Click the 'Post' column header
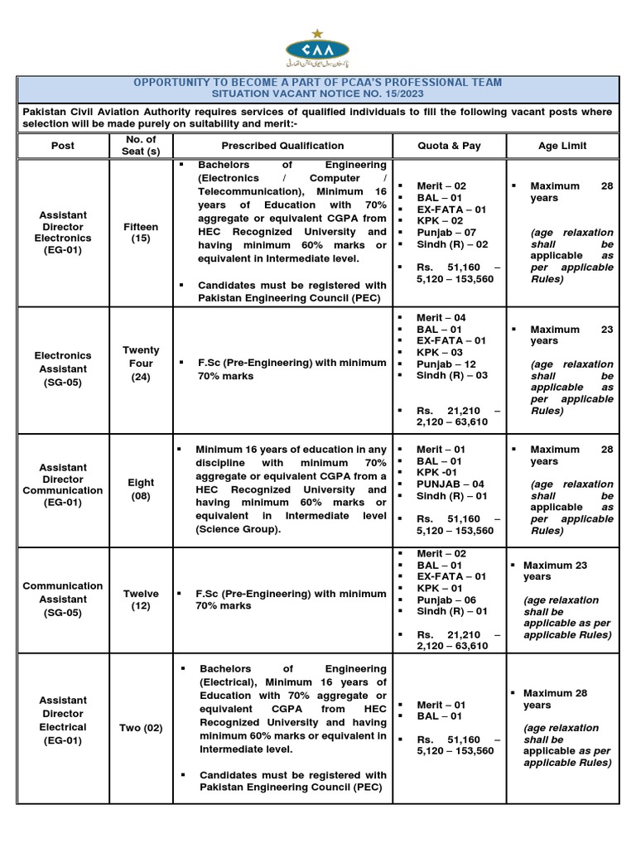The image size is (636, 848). (x=62, y=146)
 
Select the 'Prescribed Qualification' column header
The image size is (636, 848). (x=282, y=146)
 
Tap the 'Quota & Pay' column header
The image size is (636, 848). (x=449, y=146)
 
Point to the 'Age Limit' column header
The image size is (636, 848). (x=562, y=146)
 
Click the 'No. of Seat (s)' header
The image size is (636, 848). (x=141, y=146)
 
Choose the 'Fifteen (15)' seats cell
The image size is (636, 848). (x=141, y=233)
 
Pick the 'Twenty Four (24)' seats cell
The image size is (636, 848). (x=141, y=364)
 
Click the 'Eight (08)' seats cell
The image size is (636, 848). (x=141, y=489)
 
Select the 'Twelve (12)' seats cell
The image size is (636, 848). (x=141, y=600)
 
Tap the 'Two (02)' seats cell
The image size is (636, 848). (x=141, y=728)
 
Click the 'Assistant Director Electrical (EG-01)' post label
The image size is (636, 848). (x=62, y=720)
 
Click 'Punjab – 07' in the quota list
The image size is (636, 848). (x=446, y=234)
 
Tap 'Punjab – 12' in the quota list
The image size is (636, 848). (x=446, y=364)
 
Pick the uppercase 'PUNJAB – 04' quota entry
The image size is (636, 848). (x=450, y=484)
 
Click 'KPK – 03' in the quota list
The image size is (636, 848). (x=440, y=353)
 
